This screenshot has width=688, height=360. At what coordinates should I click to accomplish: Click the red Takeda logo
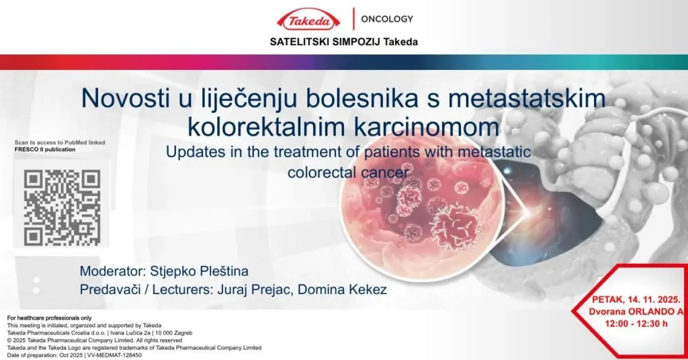click(x=308, y=19)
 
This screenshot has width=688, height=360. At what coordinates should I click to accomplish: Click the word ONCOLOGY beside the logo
click(x=387, y=19)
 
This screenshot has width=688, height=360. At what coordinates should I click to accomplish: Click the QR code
click(x=62, y=208)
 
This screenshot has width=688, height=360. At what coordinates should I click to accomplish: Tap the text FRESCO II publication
click(x=45, y=150)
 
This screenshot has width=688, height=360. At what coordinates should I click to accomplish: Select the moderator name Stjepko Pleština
click(x=199, y=271)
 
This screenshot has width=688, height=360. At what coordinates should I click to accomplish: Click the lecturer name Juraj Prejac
click(x=254, y=290)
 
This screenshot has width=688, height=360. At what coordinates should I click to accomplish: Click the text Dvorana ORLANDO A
click(x=636, y=312)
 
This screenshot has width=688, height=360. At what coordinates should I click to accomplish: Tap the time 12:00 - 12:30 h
click(x=636, y=324)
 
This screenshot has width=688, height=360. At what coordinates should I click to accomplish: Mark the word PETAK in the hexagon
click(x=607, y=300)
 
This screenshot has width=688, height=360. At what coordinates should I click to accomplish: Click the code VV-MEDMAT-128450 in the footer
click(x=114, y=355)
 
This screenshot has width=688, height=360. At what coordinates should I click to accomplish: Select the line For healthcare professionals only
click(x=49, y=318)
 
